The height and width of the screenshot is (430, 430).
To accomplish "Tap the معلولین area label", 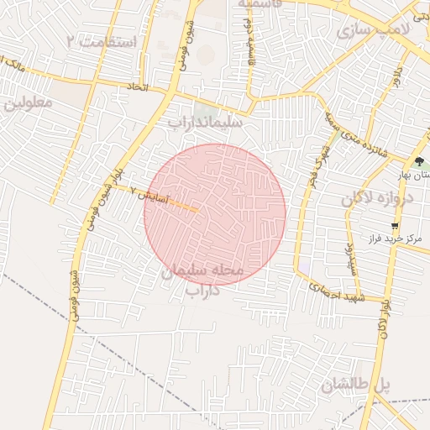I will pyautogui.click(x=28, y=104).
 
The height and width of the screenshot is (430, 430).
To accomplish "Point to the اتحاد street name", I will pyautogui.click(x=137, y=88).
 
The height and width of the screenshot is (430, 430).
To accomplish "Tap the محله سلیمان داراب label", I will pyautogui.click(x=202, y=281).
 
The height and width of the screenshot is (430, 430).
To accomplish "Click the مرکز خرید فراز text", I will pyautogui.click(x=392, y=239).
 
